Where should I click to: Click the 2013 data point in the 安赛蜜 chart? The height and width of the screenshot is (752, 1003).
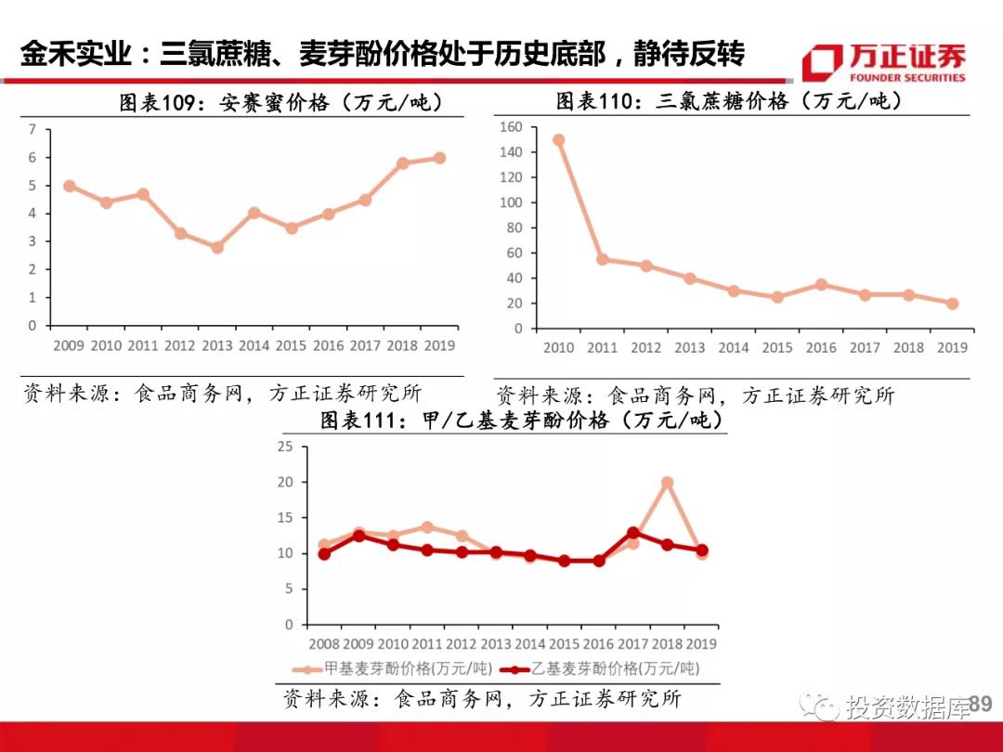tap(216, 248)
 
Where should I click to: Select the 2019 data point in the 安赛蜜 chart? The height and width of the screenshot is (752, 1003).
tap(439, 158)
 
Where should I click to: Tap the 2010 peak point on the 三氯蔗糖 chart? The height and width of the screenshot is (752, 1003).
tap(558, 140)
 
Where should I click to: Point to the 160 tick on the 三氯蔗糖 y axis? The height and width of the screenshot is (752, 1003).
tap(512, 127)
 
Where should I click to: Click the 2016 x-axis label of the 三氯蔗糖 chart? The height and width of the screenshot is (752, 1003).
tap(821, 347)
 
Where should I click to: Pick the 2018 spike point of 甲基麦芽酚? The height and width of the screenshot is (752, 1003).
tap(667, 483)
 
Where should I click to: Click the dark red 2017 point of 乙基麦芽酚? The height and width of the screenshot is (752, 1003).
tap(632, 533)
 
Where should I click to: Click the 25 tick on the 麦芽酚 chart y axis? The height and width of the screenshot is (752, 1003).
tap(285, 447)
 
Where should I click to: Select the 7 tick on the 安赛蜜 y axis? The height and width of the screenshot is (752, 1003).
tap(33, 129)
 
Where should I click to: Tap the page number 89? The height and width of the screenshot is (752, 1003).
tap(981, 706)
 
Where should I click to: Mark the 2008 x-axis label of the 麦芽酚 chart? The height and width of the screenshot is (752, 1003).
tap(324, 642)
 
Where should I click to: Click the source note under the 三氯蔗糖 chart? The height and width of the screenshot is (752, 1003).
tap(696, 395)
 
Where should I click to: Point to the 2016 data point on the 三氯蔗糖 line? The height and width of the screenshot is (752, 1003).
tap(821, 285)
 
